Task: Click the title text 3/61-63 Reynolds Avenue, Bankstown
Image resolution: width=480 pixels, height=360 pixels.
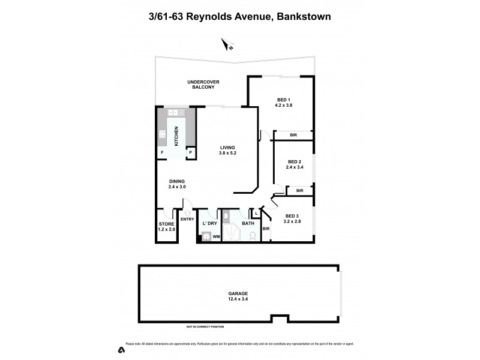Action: coord(240,17)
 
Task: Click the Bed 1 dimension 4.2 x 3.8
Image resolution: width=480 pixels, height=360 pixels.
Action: coord(284,106)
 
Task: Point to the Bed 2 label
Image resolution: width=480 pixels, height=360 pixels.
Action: coord(293,161)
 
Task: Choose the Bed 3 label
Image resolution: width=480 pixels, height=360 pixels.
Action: coord(292,216)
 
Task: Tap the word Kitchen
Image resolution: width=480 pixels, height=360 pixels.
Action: coord(176,137)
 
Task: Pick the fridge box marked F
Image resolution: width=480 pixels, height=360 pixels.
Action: coord(162,153)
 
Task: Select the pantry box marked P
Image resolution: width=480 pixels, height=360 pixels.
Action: coord(190,153)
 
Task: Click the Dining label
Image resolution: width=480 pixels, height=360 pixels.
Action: coord(176,181)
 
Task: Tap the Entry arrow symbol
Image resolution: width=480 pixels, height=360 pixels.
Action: coord(187,212)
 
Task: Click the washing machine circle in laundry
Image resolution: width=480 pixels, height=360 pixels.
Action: coord(206,237)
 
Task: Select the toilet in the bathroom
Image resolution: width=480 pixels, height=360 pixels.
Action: coord(252,236)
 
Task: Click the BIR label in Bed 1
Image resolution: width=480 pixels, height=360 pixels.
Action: coord(293,136)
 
